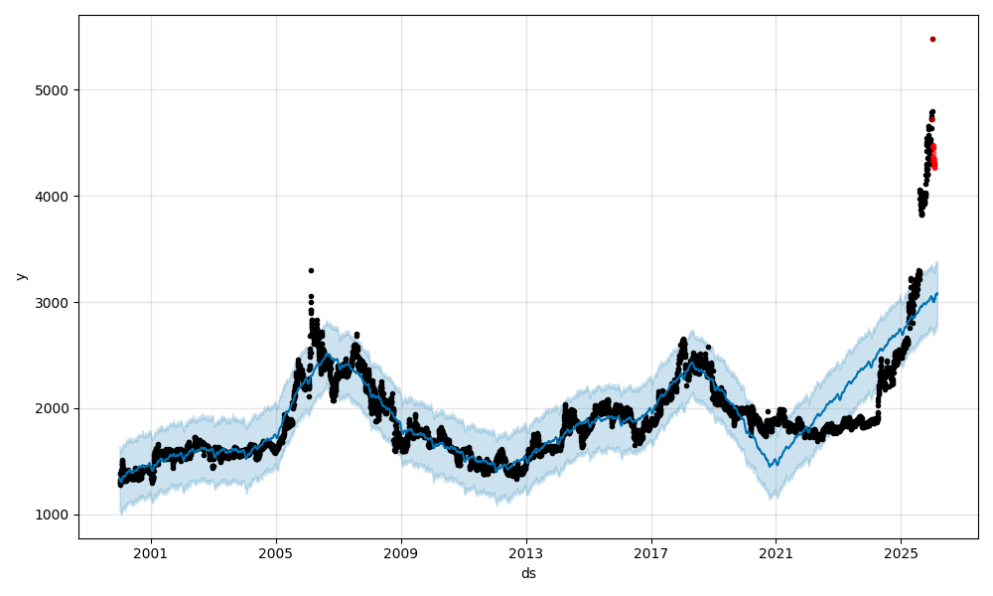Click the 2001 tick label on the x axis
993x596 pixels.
tap(151, 553)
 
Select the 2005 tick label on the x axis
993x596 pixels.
tap(276, 553)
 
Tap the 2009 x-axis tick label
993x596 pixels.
tap(401, 553)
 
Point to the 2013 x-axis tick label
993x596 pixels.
tap(526, 553)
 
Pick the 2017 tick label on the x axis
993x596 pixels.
tap(651, 553)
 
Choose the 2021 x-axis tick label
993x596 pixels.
tap(776, 553)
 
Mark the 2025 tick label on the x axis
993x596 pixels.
tap(901, 553)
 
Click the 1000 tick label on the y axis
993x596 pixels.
tap(52, 515)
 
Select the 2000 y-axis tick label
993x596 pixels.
tap(52, 408)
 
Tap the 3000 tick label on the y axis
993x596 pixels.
tap(52, 302)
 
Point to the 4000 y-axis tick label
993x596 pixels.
tap(52, 197)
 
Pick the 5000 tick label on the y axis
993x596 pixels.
tap(52, 90)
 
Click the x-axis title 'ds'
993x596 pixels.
tap(528, 573)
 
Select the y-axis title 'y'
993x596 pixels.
tap(21, 276)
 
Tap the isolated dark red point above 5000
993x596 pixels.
tap(932, 39)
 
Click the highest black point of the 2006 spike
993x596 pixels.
tap(311, 270)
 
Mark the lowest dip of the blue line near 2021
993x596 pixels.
tap(772, 465)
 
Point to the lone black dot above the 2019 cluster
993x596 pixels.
tap(708, 348)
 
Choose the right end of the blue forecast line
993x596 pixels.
tap(936, 293)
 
